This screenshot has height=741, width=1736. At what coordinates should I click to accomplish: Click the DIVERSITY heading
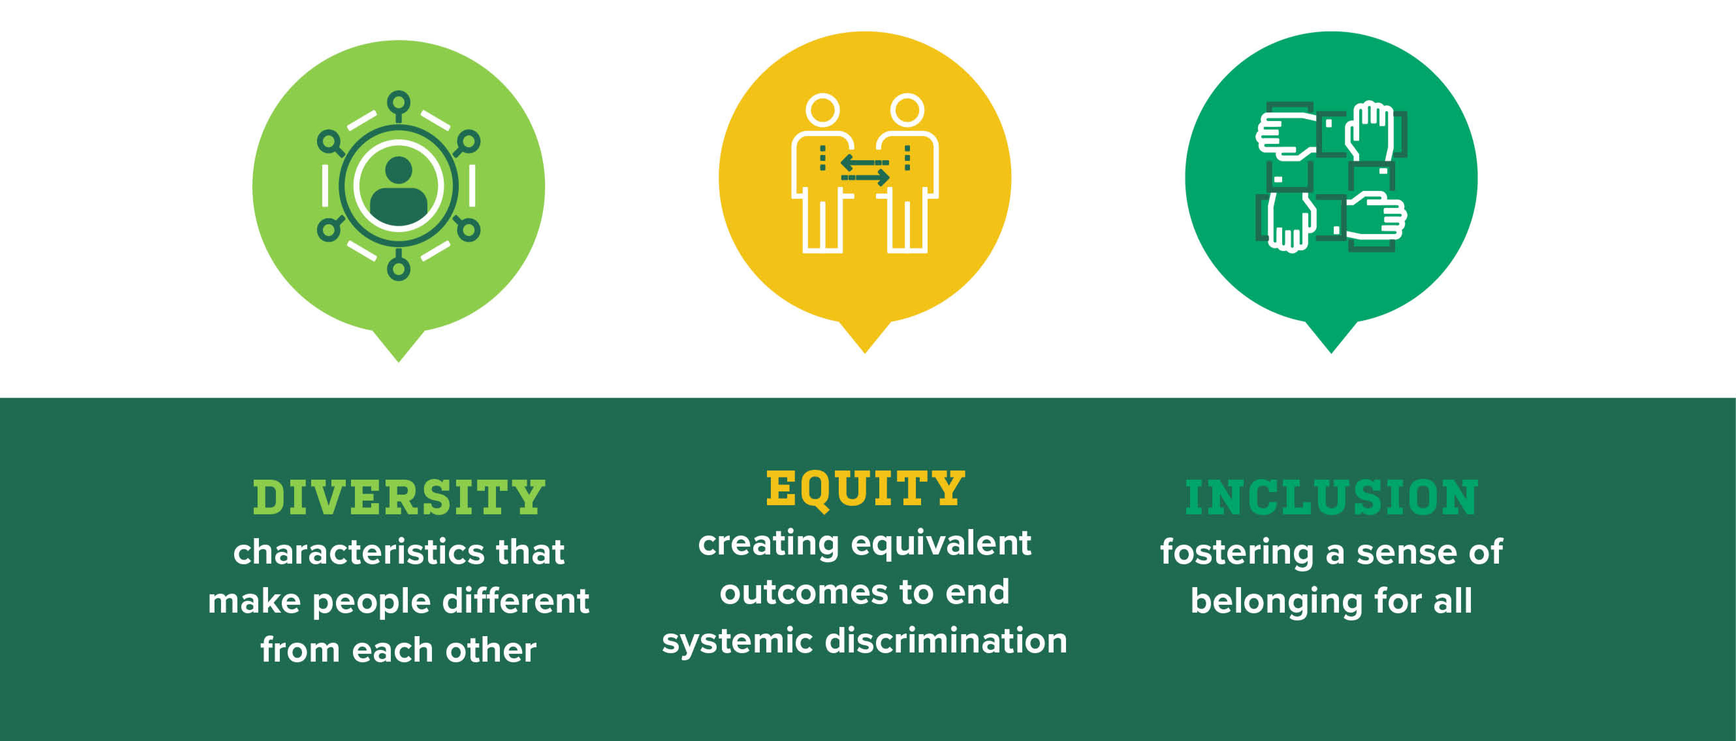[x=399, y=498]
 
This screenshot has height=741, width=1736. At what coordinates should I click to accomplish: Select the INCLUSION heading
[x=1332, y=498]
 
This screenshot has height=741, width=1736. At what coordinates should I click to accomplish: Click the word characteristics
[x=358, y=552]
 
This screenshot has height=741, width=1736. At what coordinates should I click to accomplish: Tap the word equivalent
[x=941, y=543]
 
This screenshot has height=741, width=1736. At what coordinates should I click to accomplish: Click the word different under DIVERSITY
[x=516, y=601]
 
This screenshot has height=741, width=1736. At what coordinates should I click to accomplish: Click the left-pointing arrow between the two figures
[x=865, y=163]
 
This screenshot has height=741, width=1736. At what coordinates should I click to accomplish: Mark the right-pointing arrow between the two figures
[x=865, y=177]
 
